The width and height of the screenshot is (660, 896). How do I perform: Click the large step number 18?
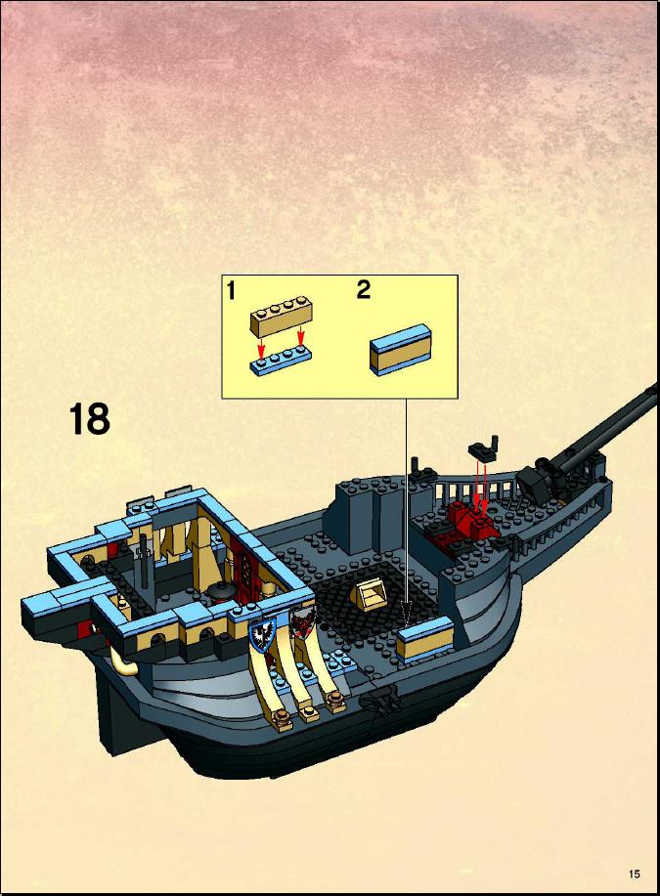pos(90,419)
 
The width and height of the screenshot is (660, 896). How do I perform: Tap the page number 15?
pos(634,874)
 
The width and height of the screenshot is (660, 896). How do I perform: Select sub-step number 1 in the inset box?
pos(231,291)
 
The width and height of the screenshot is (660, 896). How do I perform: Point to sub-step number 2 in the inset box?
pos(364,290)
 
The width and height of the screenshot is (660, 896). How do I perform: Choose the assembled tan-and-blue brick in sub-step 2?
pos(400,349)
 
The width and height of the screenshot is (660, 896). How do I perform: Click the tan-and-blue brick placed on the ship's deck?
pos(424,639)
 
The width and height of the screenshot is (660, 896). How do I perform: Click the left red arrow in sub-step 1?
pos(261,347)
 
